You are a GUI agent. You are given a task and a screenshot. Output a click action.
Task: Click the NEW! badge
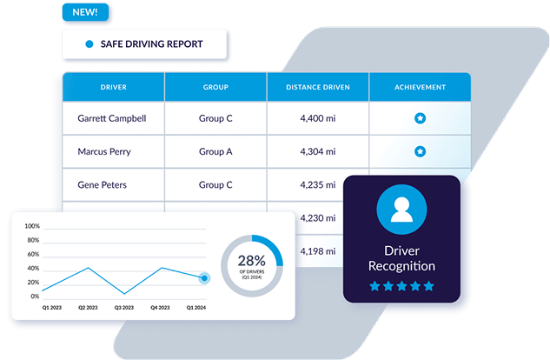(x=85, y=12)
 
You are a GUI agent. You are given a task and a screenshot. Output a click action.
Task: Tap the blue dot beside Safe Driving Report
(x=89, y=43)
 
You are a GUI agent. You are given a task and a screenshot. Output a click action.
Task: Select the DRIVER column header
(x=114, y=87)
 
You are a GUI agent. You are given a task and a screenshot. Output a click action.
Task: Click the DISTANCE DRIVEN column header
(x=318, y=87)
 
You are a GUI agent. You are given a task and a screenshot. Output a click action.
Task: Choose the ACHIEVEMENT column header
(x=420, y=87)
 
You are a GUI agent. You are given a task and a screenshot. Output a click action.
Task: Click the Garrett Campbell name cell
(x=112, y=118)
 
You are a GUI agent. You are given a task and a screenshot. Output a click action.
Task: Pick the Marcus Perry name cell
(x=104, y=151)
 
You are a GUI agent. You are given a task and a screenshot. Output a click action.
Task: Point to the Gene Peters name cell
(x=102, y=185)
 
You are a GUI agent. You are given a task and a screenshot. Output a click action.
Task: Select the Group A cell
(x=215, y=151)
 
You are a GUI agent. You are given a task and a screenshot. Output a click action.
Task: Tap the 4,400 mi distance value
(x=318, y=118)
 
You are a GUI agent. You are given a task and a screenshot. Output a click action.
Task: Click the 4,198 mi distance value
(x=318, y=251)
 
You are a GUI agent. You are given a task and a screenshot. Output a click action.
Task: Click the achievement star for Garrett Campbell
(x=420, y=118)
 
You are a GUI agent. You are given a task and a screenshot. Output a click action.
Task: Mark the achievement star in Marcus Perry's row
(x=420, y=151)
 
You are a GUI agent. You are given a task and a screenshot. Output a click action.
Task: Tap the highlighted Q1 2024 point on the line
(x=204, y=278)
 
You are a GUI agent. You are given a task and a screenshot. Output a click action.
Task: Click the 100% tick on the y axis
(x=32, y=226)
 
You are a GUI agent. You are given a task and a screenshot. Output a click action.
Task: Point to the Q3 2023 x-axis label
(x=124, y=308)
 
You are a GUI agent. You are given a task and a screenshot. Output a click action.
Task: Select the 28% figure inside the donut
(x=251, y=261)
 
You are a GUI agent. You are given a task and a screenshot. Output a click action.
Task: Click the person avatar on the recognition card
(x=401, y=210)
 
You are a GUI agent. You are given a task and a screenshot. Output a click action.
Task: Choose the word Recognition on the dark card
(x=401, y=266)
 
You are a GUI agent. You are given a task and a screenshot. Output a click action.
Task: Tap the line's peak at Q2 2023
(x=88, y=268)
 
